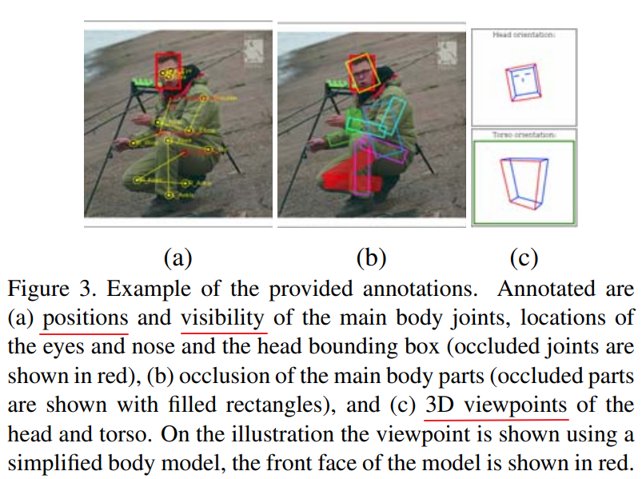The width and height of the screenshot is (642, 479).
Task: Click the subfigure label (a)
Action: click(177, 257)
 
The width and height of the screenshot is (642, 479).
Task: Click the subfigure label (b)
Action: click(371, 257)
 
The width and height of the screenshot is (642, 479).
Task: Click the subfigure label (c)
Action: click(524, 257)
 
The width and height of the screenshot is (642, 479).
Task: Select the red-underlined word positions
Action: click(85, 317)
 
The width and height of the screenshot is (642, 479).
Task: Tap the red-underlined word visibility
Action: click(223, 317)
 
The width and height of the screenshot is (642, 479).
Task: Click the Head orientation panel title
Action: click(524, 35)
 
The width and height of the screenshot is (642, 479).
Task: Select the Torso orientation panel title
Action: click(524, 135)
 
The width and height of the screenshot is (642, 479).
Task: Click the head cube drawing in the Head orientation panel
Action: click(523, 82)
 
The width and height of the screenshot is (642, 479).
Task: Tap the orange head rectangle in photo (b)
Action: click(361, 73)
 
